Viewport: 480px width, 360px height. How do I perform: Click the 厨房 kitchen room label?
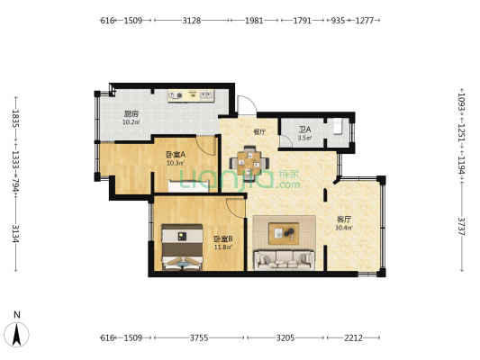tap(131, 114)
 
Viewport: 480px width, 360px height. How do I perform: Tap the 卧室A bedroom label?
tap(176, 154)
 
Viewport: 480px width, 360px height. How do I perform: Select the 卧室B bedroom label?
tap(222, 238)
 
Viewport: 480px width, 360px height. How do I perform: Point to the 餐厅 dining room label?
tap(259, 131)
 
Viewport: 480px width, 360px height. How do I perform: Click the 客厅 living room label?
tap(343, 219)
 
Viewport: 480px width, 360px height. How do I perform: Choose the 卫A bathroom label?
tap(305, 130)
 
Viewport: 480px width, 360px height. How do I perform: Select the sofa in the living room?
tap(284, 260)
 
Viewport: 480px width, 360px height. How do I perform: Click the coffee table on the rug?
tap(285, 233)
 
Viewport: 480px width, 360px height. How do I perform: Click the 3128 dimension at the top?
tap(191, 19)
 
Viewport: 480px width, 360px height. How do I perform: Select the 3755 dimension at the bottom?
tap(199, 337)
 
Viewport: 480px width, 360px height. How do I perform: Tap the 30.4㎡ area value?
tap(343, 228)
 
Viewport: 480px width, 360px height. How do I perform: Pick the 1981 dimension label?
tap(254, 19)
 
